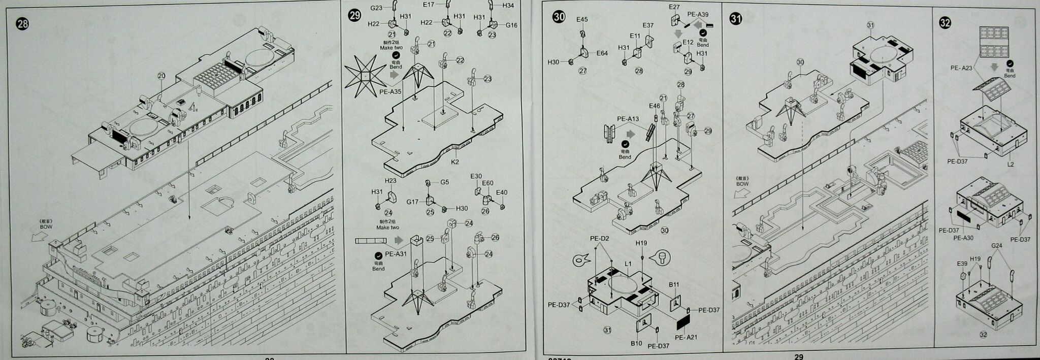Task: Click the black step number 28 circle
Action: tap(22, 23)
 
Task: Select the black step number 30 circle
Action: tap(559, 17)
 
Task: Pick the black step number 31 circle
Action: tap(735, 19)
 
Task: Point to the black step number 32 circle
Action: tap(945, 23)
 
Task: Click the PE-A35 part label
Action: tap(390, 92)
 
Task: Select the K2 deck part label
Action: tap(455, 162)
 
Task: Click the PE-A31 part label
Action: tap(396, 254)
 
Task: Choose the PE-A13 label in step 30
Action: tap(628, 119)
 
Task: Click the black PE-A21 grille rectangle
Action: tap(684, 321)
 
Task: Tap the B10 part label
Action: tap(636, 343)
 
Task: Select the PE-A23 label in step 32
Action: tap(961, 68)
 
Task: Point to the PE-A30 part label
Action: tap(963, 238)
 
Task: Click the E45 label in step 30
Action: tap(582, 19)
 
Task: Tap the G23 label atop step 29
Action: tap(376, 8)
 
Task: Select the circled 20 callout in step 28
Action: tap(161, 76)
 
